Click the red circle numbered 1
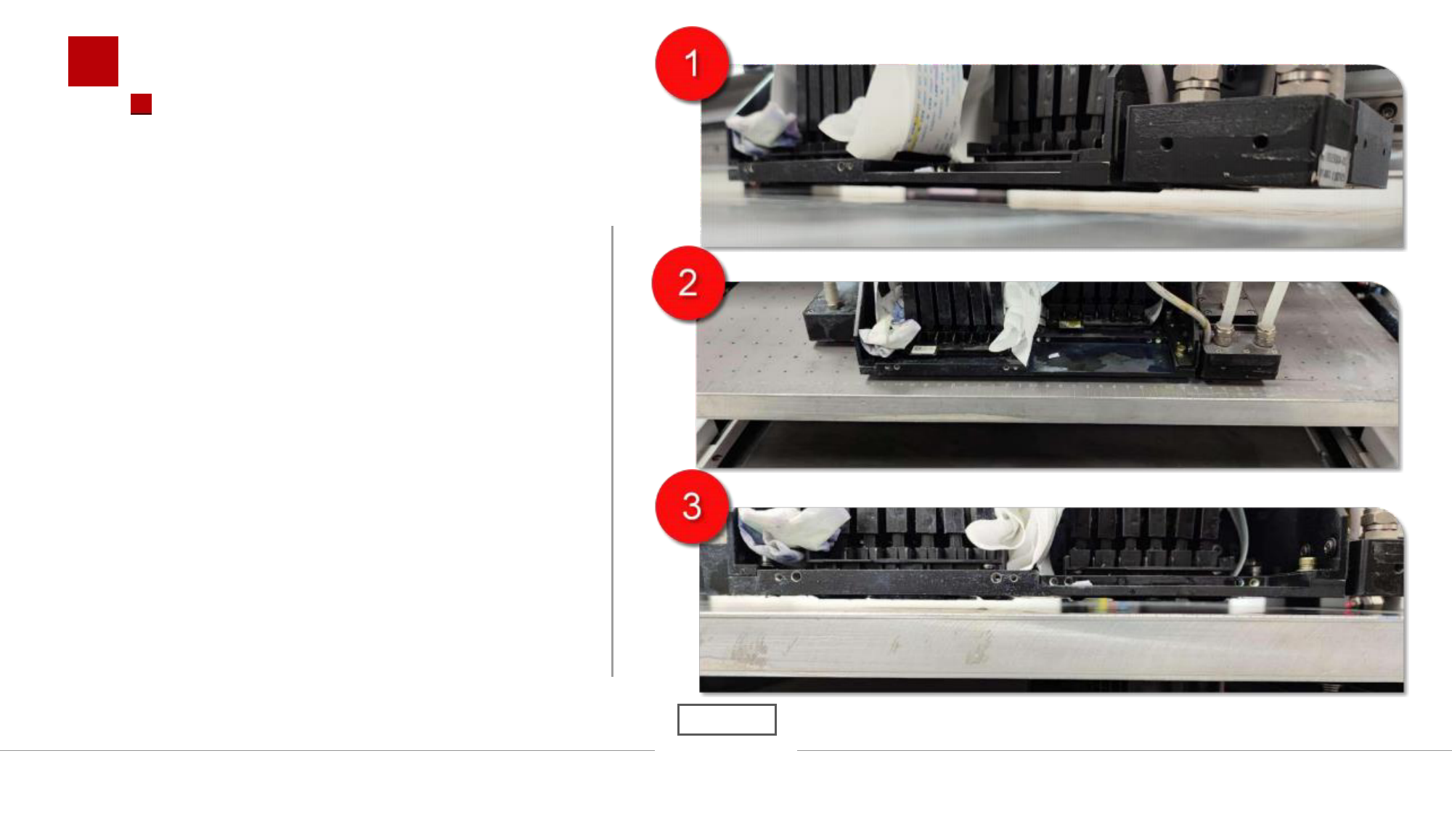coord(692,63)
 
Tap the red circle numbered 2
coord(688,283)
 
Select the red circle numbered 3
coord(692,506)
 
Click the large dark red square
coord(93,61)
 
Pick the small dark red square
coord(141,104)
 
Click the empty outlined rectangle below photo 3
coord(727,719)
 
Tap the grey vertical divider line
coord(613,451)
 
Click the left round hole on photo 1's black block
coord(1167,143)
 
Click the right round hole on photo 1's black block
coord(1260,142)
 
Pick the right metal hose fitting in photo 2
coord(1265,334)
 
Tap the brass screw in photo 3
coord(1307,563)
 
